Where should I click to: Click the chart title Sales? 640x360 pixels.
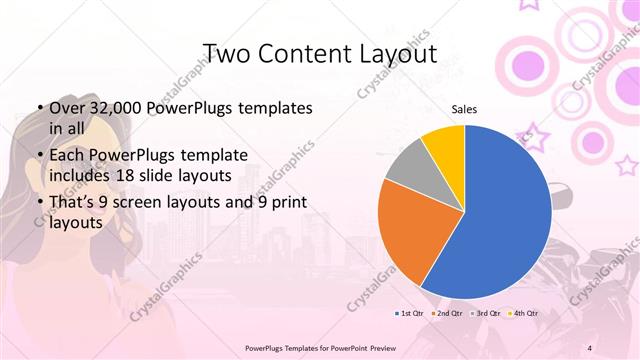tap(463, 108)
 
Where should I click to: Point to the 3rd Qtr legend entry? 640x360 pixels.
tap(486, 313)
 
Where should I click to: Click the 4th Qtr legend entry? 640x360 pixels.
tap(523, 313)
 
